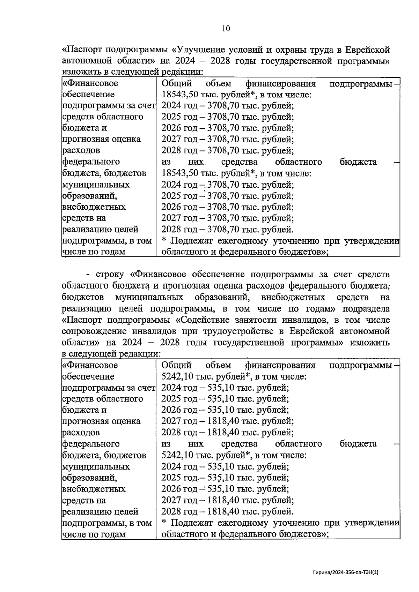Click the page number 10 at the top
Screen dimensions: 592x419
click(226, 29)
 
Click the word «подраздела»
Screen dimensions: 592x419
click(366, 309)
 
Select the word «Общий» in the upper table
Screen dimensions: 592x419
click(177, 83)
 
